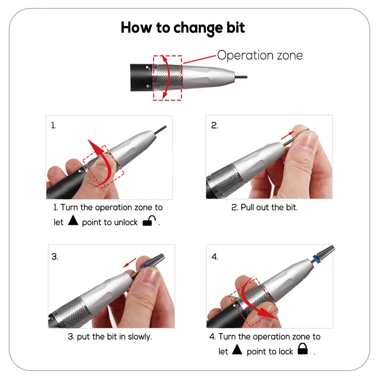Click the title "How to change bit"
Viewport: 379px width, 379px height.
183,28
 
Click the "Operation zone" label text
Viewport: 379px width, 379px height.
260,55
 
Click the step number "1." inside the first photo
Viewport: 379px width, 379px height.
54,126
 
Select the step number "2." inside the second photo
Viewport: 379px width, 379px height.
215,126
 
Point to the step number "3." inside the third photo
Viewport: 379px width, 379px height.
55,257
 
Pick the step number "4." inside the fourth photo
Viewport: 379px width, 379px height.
215,257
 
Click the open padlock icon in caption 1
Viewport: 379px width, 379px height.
149,222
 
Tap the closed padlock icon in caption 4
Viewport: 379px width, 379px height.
302,349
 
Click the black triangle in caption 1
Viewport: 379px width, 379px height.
73,221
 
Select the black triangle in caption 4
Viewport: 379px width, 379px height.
237,349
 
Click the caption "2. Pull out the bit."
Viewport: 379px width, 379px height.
265,208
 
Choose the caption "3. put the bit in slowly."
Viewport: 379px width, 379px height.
110,337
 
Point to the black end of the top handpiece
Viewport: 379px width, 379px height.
140,77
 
